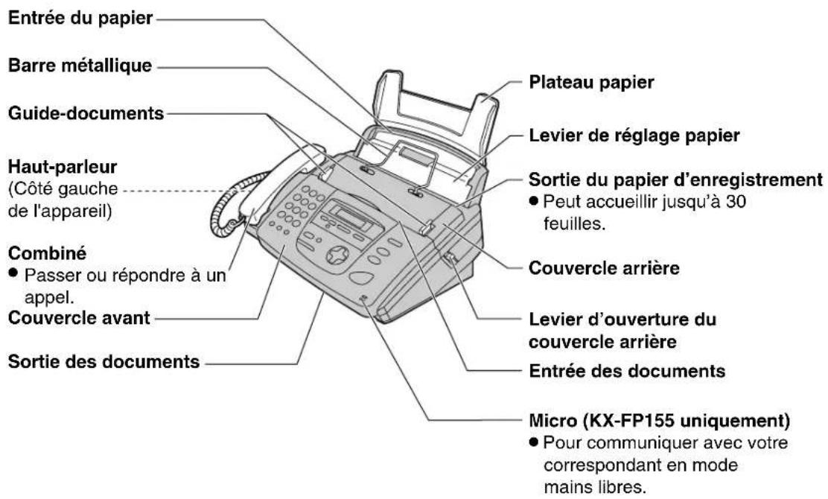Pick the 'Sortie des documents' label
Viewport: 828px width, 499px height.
pos(103,363)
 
